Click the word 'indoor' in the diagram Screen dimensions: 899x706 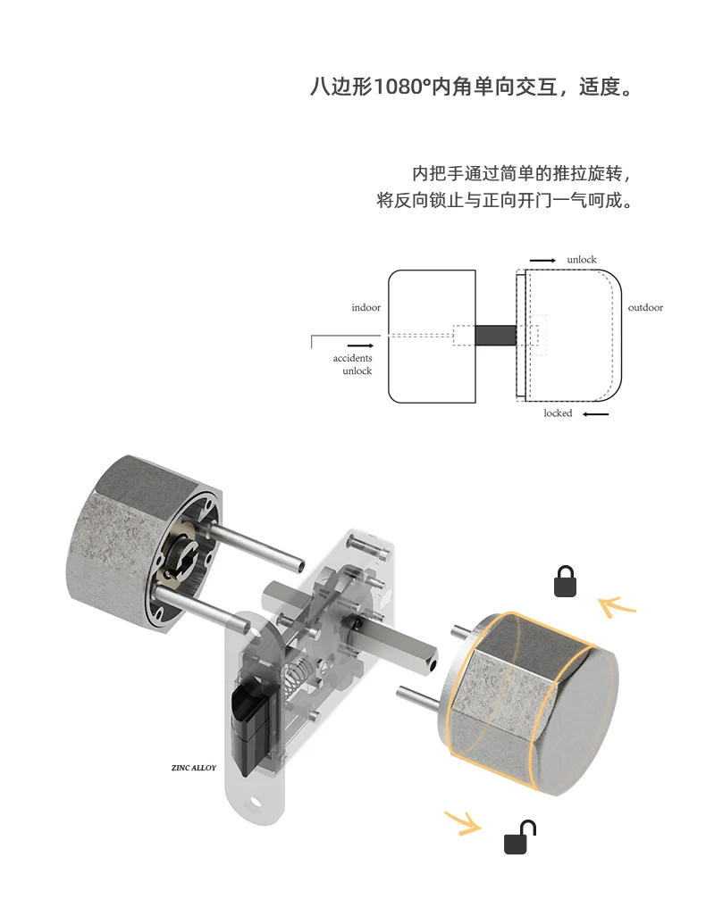(366, 308)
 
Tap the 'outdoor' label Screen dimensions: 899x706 (645, 308)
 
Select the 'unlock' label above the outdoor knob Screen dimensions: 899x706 (581, 260)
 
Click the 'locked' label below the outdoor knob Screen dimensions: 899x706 (558, 413)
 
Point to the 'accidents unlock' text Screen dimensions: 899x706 (353, 364)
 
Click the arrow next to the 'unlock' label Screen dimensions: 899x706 (542, 260)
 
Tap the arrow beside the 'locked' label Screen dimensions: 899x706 (595, 414)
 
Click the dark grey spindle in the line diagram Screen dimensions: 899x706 (496, 336)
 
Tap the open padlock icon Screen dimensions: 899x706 (519, 838)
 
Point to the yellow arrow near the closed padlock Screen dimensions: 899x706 (617, 607)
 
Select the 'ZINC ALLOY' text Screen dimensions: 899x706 (193, 768)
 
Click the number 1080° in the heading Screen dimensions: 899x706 (399, 88)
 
